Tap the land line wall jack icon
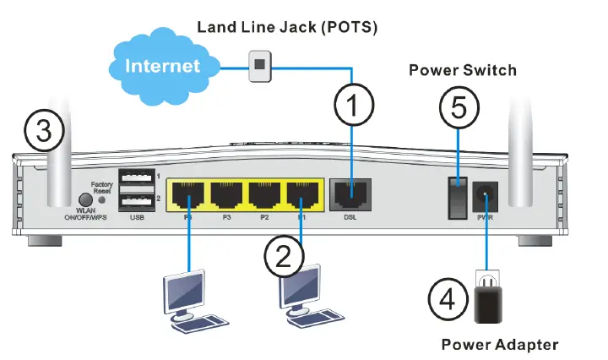click(259, 65)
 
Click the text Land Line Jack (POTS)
click(286, 27)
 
